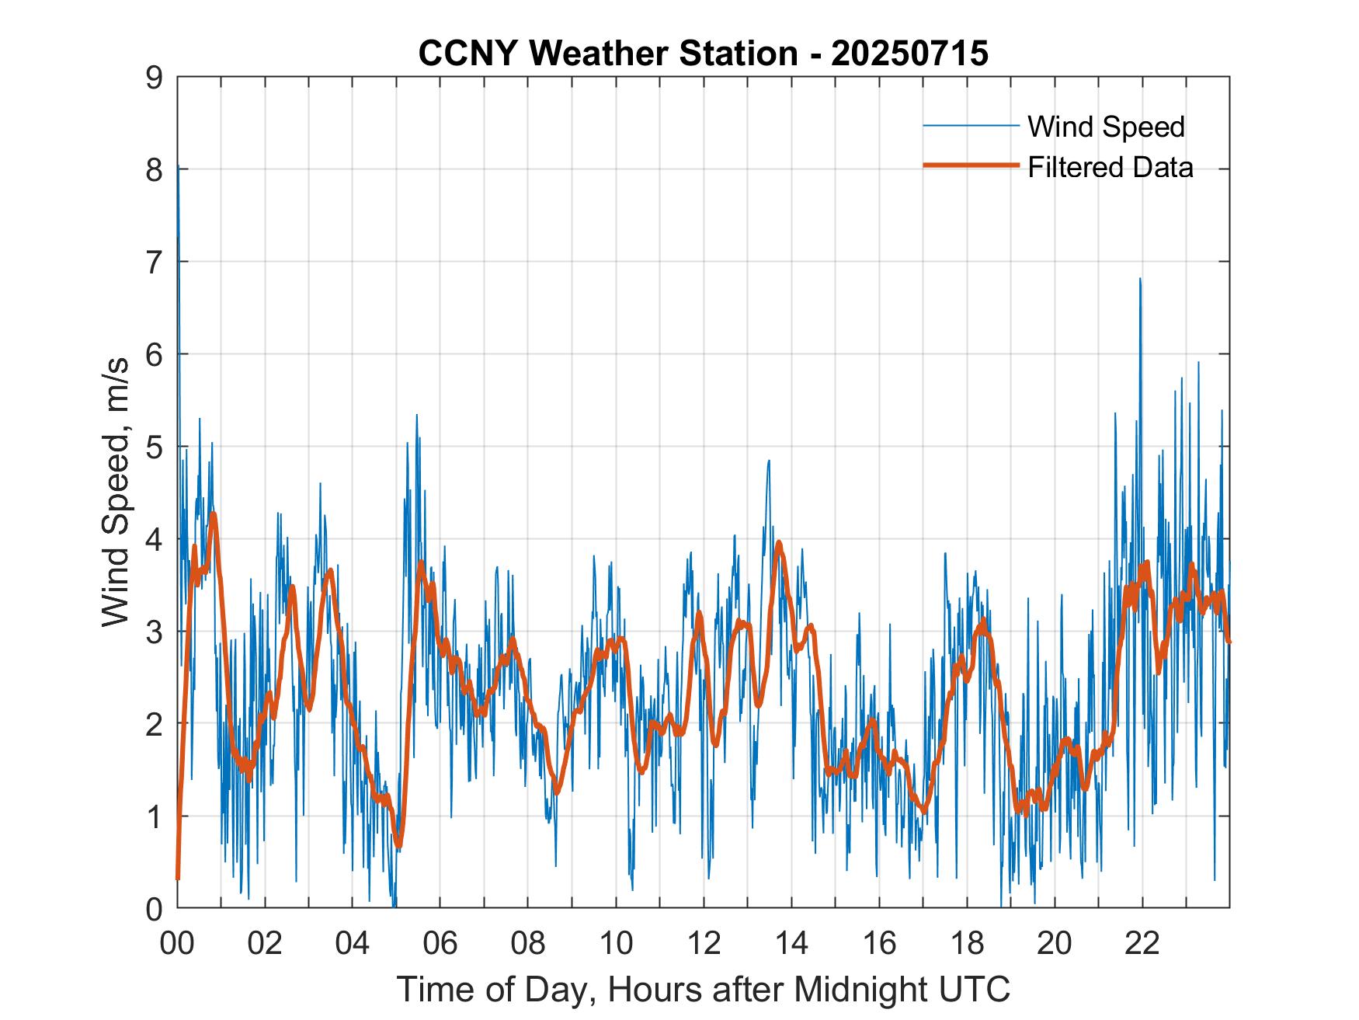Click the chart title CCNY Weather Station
tap(607, 54)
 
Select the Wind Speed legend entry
tap(1106, 127)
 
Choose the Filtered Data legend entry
tap(1110, 167)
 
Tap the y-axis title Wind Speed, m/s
tap(116, 497)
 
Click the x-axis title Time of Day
tap(703, 990)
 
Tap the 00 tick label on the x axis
tap(177, 943)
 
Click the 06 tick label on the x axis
tap(440, 943)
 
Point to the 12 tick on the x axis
tap(704, 943)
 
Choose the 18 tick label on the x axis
tap(967, 943)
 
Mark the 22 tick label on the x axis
tap(1142, 943)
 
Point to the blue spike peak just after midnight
tap(179, 165)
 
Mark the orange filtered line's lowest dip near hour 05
tap(398, 845)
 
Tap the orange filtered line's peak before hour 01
tap(213, 513)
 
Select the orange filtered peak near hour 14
tap(779, 542)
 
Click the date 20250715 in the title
tap(909, 54)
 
